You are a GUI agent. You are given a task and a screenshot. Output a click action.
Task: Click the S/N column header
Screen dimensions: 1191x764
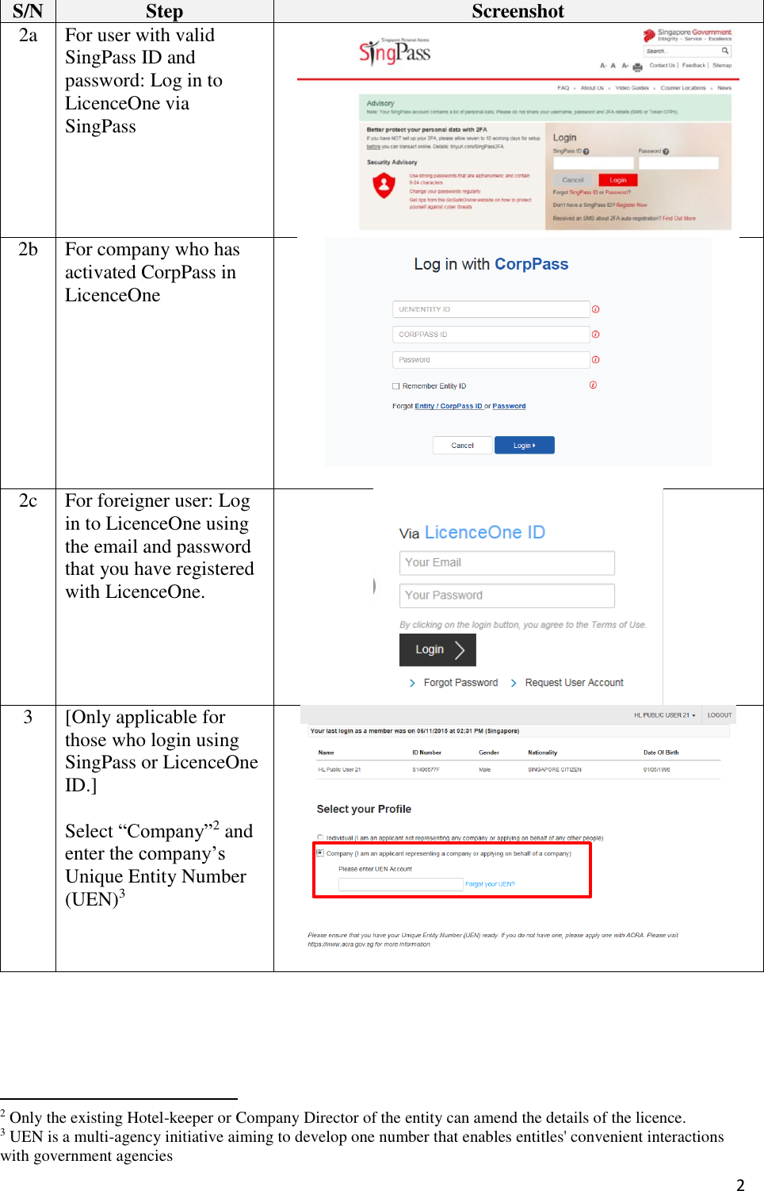[28, 11]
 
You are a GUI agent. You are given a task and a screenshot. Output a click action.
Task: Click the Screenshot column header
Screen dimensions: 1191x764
[518, 11]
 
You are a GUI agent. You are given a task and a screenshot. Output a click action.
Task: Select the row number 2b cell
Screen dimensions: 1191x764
[28, 250]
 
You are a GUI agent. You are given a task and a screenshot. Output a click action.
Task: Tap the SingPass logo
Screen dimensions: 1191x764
[395, 52]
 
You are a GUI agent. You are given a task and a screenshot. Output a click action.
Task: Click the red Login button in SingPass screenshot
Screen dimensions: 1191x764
[618, 180]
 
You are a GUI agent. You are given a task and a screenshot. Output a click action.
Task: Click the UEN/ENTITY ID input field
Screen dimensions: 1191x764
[491, 309]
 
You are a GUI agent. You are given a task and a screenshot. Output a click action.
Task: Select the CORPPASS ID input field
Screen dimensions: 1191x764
[491, 335]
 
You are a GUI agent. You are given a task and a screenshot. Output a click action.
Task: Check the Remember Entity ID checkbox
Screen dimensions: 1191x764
[396, 386]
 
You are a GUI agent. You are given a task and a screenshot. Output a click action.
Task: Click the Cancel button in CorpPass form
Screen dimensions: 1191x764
[462, 446]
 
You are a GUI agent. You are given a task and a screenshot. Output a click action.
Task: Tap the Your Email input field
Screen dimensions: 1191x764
[506, 563]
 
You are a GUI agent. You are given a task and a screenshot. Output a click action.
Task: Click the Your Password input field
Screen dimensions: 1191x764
[506, 595]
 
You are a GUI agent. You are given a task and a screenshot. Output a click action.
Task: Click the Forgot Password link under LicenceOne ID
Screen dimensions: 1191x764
[460, 683]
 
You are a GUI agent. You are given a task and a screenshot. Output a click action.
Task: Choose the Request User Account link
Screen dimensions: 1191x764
[574, 683]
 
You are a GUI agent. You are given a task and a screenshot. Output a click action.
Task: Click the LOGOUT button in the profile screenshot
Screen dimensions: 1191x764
[720, 715]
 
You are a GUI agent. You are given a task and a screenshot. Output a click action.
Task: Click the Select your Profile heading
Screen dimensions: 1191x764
[364, 809]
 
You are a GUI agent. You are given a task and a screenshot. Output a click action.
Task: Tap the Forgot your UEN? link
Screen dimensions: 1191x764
[490, 884]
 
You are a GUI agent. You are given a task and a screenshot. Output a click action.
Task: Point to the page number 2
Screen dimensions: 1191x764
[740, 1185]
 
